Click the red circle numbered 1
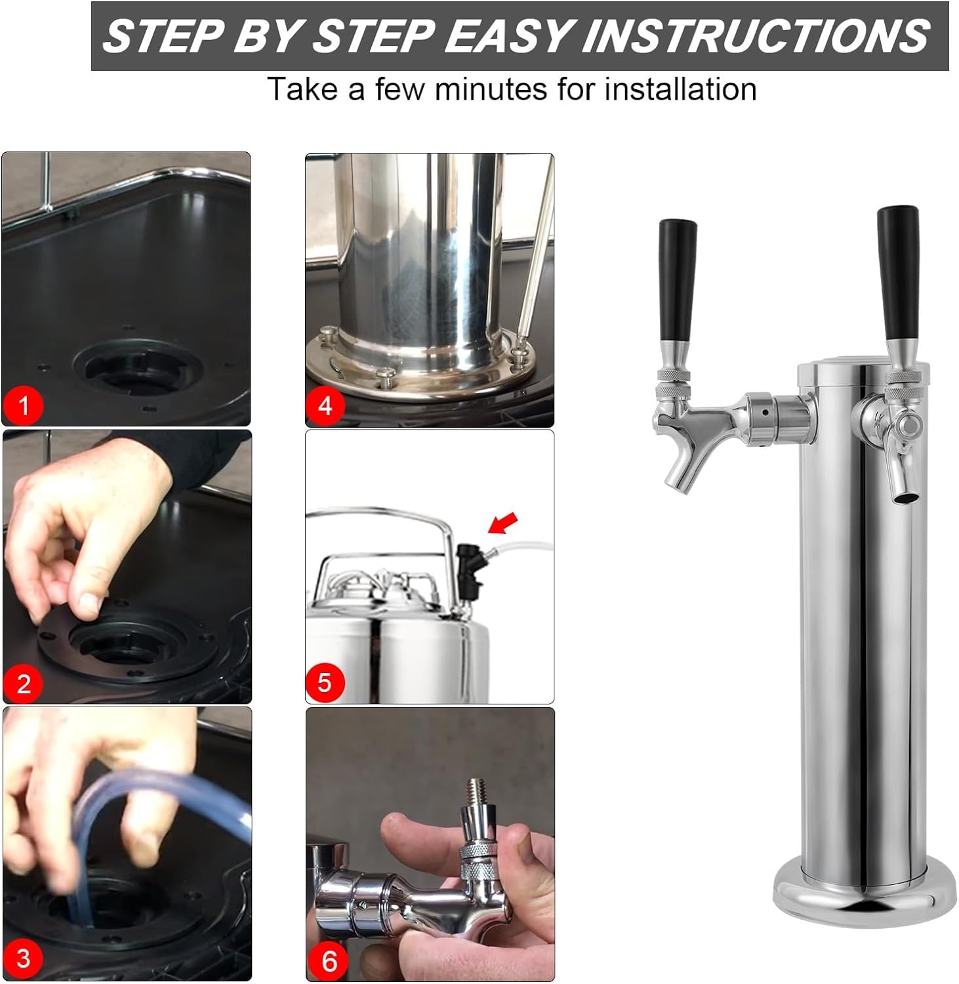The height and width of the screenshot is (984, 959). (x=24, y=405)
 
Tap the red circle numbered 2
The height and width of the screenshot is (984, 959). (x=24, y=684)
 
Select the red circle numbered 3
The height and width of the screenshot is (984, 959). (x=24, y=958)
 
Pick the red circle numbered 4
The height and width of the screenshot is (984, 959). (x=325, y=406)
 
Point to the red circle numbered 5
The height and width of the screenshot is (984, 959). (x=325, y=683)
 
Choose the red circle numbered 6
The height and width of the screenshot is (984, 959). (x=329, y=961)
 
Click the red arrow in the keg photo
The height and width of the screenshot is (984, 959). (x=503, y=523)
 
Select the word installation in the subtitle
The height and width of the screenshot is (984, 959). (x=680, y=89)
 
